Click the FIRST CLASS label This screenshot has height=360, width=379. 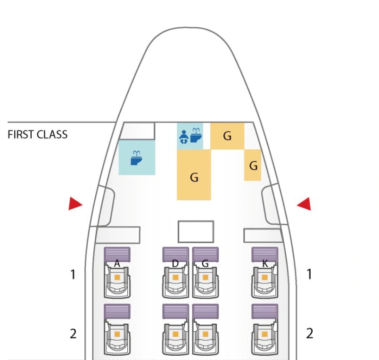click(x=37, y=135)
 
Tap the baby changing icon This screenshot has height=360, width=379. click(x=184, y=137)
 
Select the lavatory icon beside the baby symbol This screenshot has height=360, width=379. click(x=196, y=135)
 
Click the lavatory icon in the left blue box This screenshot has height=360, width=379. click(x=136, y=158)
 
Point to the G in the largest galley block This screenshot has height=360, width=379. click(x=194, y=177)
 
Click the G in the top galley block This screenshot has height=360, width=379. click(x=227, y=136)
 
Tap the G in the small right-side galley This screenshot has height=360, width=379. click(x=253, y=166)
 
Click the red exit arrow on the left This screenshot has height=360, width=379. click(x=75, y=204)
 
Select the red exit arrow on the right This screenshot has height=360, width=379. click(x=304, y=204)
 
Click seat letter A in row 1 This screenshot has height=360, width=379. click(x=117, y=263)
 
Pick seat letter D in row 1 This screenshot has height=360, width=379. click(x=175, y=263)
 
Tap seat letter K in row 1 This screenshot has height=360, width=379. click(x=265, y=263)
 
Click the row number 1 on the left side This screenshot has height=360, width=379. click(x=73, y=274)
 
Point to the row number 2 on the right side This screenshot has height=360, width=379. click(x=309, y=334)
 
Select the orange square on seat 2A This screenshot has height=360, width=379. click(x=117, y=334)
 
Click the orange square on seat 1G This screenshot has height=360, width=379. click(x=205, y=278)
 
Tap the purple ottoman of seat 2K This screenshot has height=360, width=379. click(x=264, y=311)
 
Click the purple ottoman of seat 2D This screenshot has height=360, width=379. click(x=175, y=311)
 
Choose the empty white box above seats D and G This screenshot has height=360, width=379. click(x=196, y=231)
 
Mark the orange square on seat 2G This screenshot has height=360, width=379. click(x=205, y=334)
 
